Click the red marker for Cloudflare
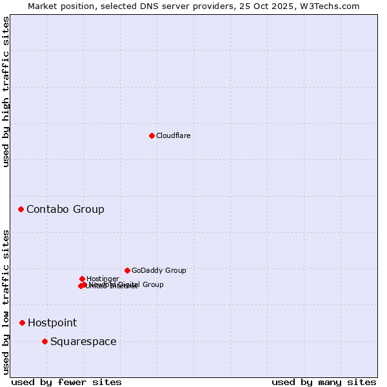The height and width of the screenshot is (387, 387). tap(152, 135)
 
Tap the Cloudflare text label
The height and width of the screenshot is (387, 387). tap(173, 135)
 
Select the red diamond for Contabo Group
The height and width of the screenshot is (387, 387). tap(21, 209)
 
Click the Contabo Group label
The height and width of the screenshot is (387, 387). tap(65, 209)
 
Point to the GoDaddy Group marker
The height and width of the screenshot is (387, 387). tap(127, 270)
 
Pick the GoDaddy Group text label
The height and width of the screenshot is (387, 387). tap(159, 270)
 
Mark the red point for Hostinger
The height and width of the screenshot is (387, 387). tap(82, 279)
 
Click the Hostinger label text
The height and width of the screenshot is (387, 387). tap(103, 279)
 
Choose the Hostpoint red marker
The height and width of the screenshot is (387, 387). tap(22, 322)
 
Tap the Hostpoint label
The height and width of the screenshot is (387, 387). tap(52, 322)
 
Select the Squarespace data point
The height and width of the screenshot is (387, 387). tap(45, 341)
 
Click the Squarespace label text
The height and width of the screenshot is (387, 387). tap(83, 341)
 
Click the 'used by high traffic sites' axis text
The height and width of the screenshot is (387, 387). tap(6, 92)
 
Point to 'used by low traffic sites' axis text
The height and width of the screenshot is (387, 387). tap(6, 302)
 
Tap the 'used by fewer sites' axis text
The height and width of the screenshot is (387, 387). tap(66, 382)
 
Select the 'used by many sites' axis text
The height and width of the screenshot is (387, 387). tap(324, 382)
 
